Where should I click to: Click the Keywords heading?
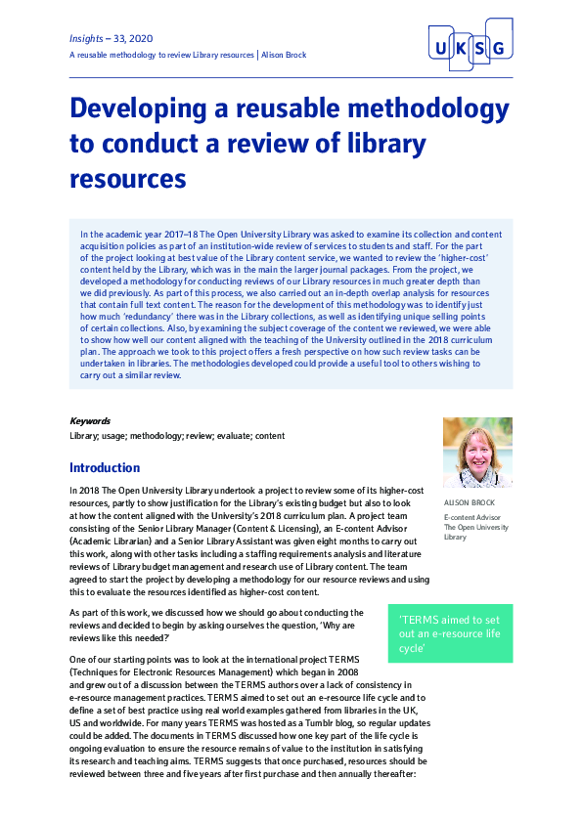tap(90, 421)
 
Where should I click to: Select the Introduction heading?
tap(105, 468)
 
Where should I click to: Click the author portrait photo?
tap(477, 454)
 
